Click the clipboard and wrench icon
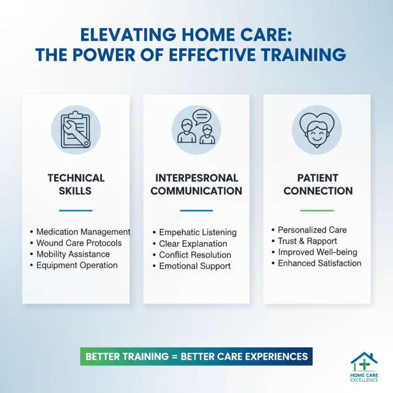[76, 131]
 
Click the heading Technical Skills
[76, 184]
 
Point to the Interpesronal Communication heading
[196, 184]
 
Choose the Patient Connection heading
[318, 184]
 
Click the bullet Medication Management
[83, 231]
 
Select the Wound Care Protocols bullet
[79, 243]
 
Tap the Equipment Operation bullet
[77, 265]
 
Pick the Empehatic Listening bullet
[197, 232]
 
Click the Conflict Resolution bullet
[195, 255]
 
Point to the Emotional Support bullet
[195, 266]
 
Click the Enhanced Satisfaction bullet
[319, 263]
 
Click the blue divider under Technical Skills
[76, 210]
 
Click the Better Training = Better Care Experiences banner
[196, 356]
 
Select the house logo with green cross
[365, 364]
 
